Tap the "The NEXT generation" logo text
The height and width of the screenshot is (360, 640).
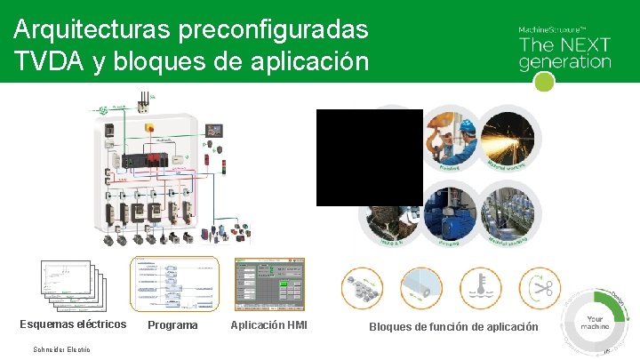coord(564,52)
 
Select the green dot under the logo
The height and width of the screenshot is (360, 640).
coord(545,82)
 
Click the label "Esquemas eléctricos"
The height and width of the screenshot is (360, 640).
coord(73,324)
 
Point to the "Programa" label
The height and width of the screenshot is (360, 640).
coord(172,325)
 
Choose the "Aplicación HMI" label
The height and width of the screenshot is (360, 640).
coord(268,324)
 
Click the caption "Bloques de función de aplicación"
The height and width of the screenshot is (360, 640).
coord(453,327)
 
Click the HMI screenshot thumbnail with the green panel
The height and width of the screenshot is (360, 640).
coord(269,284)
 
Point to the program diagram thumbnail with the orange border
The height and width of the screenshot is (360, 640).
coord(174,284)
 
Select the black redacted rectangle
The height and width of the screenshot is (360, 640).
coord(369,157)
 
